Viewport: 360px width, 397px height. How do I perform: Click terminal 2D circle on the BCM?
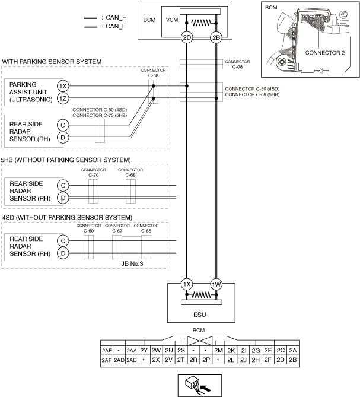point(187,38)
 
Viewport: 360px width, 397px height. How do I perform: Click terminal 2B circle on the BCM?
point(216,38)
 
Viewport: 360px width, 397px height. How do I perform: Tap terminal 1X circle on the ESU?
point(187,284)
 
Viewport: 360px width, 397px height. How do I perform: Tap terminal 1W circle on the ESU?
point(216,284)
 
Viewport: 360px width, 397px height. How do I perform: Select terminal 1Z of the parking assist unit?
point(63,99)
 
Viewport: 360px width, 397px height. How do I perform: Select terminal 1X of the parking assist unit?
point(63,86)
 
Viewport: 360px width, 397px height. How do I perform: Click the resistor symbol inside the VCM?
point(201,23)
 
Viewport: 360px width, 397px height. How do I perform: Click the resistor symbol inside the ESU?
point(202,295)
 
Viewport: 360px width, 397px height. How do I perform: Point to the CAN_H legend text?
point(116,17)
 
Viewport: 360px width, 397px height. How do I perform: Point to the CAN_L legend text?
point(116,26)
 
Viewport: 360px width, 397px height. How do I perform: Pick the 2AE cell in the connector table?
point(107,351)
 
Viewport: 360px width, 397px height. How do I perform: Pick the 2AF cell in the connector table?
point(107,360)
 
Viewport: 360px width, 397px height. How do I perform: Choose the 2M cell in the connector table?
point(218,351)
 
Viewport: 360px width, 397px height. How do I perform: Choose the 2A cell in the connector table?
point(293,351)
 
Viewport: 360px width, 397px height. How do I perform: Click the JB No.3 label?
point(132,263)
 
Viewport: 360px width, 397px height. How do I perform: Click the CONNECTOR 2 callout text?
point(325,53)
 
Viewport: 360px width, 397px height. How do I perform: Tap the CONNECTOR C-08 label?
point(237,64)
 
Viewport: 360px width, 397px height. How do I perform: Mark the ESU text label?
point(200,315)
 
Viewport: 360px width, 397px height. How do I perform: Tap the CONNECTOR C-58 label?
point(153,73)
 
